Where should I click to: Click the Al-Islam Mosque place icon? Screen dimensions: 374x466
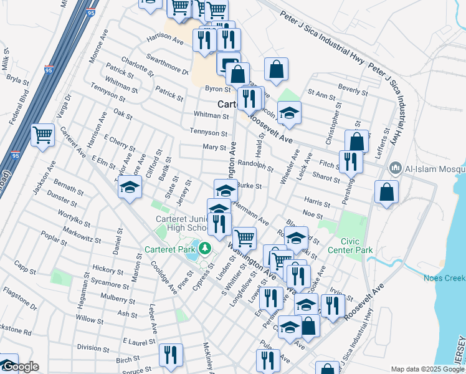pyautogui.click(x=395, y=168)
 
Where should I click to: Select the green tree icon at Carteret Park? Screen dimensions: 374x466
pyautogui.click(x=204, y=250)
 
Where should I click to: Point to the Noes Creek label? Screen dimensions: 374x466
pyautogui.click(x=444, y=278)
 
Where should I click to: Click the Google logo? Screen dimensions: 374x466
pyautogui.click(x=20, y=367)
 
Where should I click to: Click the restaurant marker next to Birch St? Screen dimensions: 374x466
pyautogui.click(x=170, y=355)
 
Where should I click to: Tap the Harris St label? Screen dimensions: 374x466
pyautogui.click(x=317, y=203)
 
